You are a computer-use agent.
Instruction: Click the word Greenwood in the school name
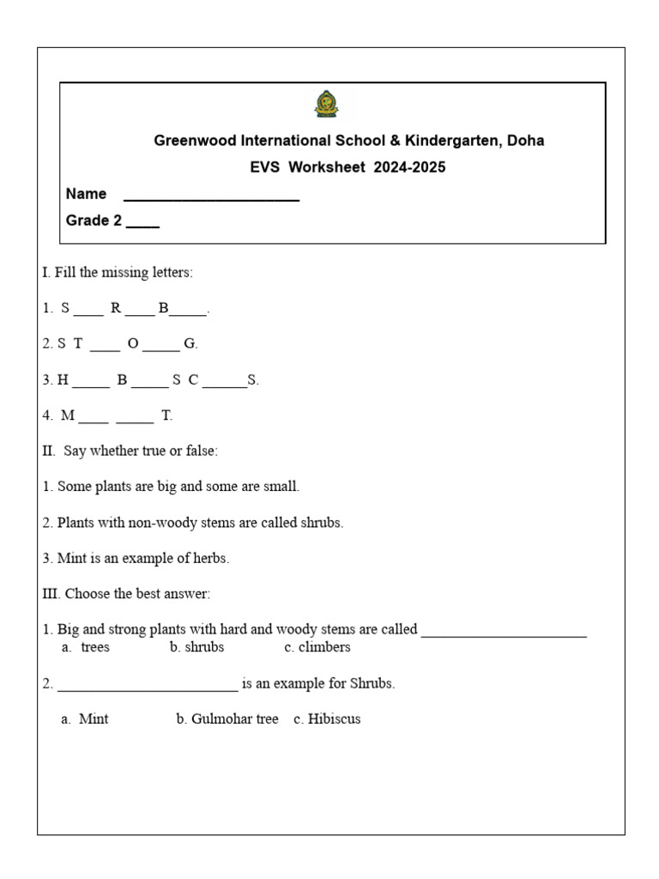tap(191, 140)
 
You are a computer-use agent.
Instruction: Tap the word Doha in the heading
tap(525, 140)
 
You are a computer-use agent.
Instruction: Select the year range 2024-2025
tap(409, 167)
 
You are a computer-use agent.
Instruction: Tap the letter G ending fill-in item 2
tap(190, 343)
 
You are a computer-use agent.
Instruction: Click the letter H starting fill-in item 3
tap(63, 379)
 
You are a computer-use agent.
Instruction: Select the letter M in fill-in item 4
tap(68, 415)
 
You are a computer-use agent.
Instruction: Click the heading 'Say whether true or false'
tap(141, 451)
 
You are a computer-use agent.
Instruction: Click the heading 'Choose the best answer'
tap(137, 594)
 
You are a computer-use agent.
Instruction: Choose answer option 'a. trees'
tap(86, 647)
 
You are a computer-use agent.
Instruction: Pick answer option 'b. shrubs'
tap(196, 647)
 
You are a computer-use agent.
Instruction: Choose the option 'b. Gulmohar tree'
tap(227, 719)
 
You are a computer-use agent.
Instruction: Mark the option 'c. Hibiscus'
tap(327, 719)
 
